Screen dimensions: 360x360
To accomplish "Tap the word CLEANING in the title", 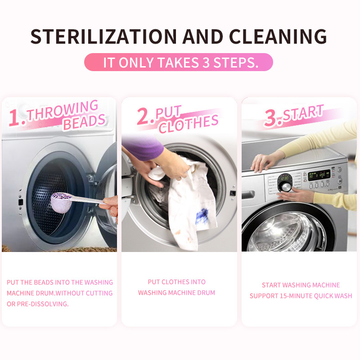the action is pos(278,36).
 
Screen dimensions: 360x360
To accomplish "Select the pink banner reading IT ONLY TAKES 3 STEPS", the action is pos(179,62).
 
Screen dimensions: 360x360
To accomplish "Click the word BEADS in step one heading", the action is pos(84,122).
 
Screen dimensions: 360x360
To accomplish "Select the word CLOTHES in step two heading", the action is pos(189,124).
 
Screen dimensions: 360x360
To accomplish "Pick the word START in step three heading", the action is pos(303,113).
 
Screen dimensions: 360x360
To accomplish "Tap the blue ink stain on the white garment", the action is pos(202,216).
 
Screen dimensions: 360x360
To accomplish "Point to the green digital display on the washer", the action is pos(319,175).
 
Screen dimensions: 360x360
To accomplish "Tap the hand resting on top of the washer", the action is pos(264,162).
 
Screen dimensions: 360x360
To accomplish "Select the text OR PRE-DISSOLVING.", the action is pos(38,304).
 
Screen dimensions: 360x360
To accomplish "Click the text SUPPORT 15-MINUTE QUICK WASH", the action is pos(301,296).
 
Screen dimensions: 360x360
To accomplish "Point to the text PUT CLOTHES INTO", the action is pos(176,282).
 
